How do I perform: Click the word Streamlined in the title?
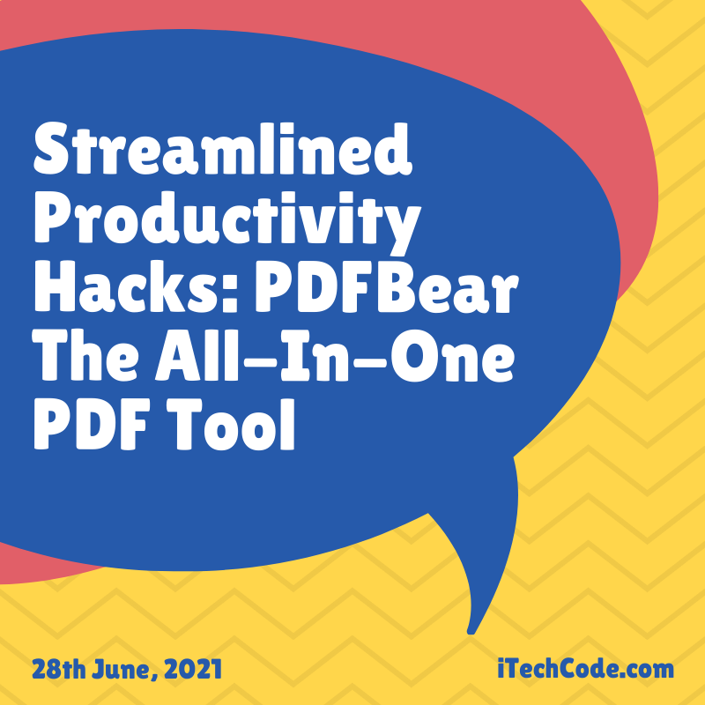tap(223, 149)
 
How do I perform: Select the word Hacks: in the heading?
tap(136, 287)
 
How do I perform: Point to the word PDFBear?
tap(386, 287)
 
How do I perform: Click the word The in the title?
tap(85, 356)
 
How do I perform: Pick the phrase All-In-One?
tap(335, 356)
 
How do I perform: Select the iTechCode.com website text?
tap(586, 669)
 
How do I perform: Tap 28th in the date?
tap(58, 670)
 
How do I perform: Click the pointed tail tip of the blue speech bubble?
tap(471, 632)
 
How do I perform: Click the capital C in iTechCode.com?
tap(570, 669)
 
